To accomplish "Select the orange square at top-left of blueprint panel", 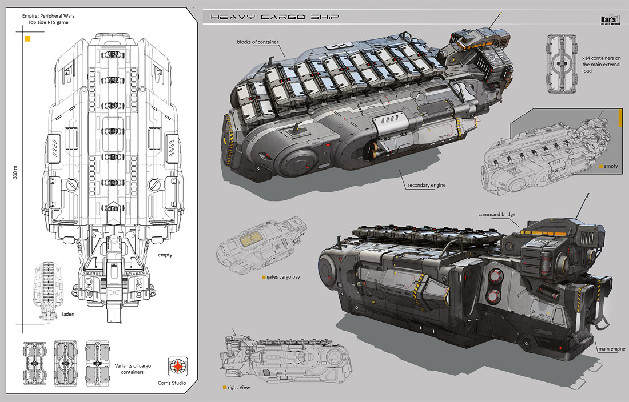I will [27, 39].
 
